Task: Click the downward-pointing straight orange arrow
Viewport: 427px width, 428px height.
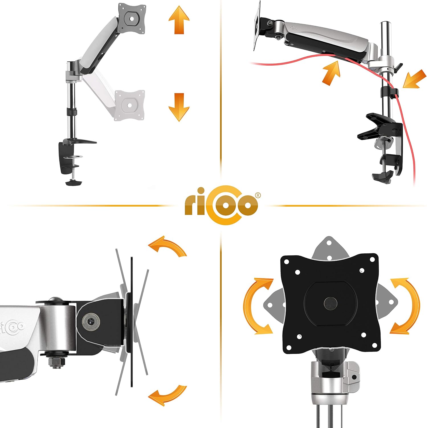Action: (179, 107)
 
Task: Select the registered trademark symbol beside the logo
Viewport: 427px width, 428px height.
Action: (257, 195)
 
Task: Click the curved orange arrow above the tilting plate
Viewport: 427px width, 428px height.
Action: (167, 246)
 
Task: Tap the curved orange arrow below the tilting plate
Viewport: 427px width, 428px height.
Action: (167, 395)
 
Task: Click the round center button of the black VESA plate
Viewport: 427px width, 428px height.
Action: (330, 303)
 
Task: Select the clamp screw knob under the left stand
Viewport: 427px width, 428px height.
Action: (73, 182)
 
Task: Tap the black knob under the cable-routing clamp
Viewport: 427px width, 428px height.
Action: (381, 177)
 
